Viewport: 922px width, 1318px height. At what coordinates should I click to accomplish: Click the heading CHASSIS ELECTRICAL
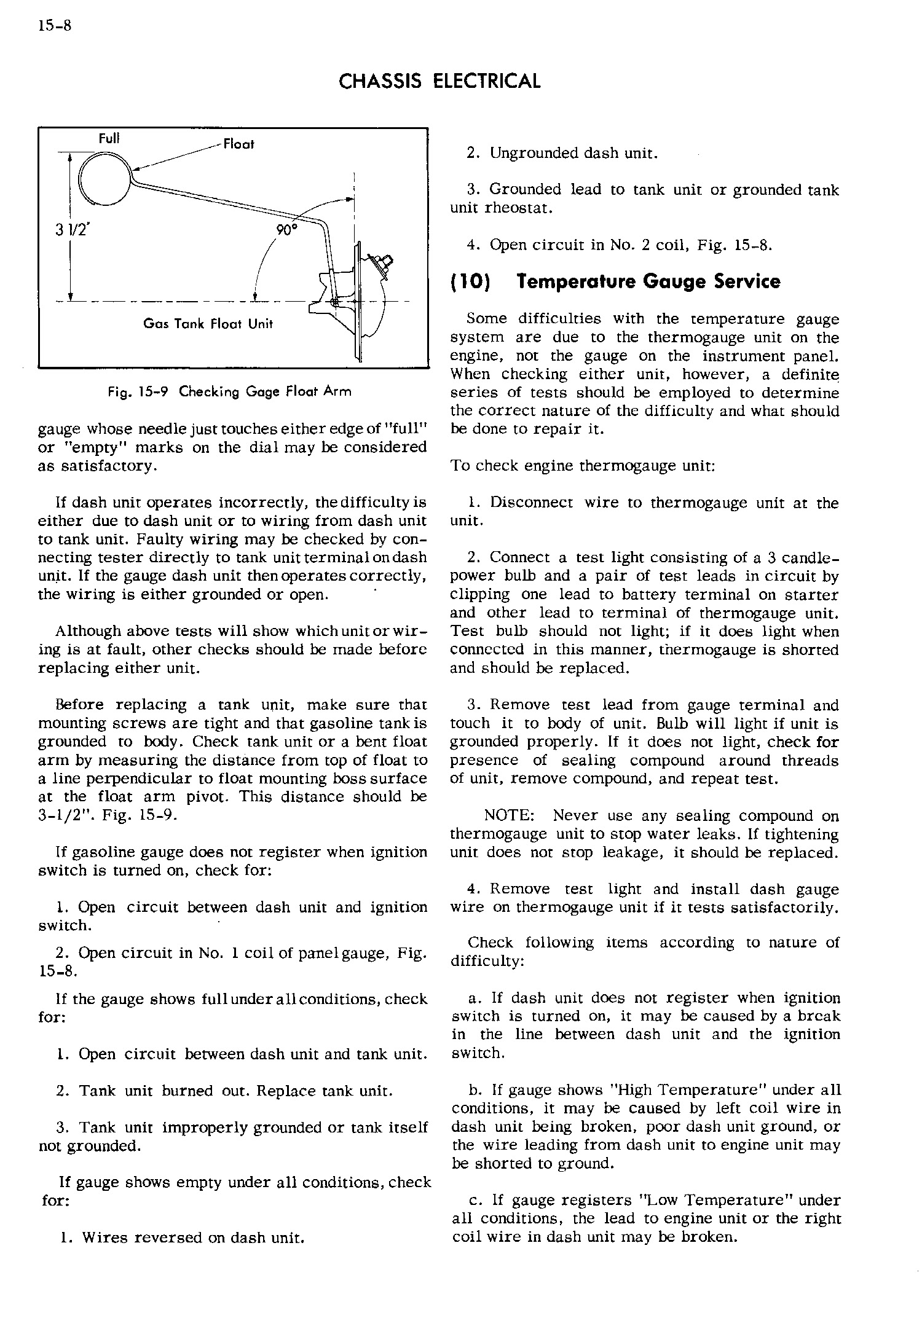[439, 81]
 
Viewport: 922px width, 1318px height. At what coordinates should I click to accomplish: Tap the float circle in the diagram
[103, 178]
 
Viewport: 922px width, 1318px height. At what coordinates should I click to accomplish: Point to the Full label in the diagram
[109, 139]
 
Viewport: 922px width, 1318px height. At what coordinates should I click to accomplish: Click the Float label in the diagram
[238, 144]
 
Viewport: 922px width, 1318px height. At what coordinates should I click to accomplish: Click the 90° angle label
[286, 230]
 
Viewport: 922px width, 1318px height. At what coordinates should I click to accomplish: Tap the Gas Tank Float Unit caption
[208, 324]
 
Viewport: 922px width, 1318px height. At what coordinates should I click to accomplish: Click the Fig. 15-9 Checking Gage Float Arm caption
[229, 391]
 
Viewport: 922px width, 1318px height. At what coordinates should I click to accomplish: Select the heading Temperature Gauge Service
[648, 282]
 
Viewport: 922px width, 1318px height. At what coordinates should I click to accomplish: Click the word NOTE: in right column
[510, 816]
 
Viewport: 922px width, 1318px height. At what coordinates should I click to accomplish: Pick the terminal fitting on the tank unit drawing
[380, 263]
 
